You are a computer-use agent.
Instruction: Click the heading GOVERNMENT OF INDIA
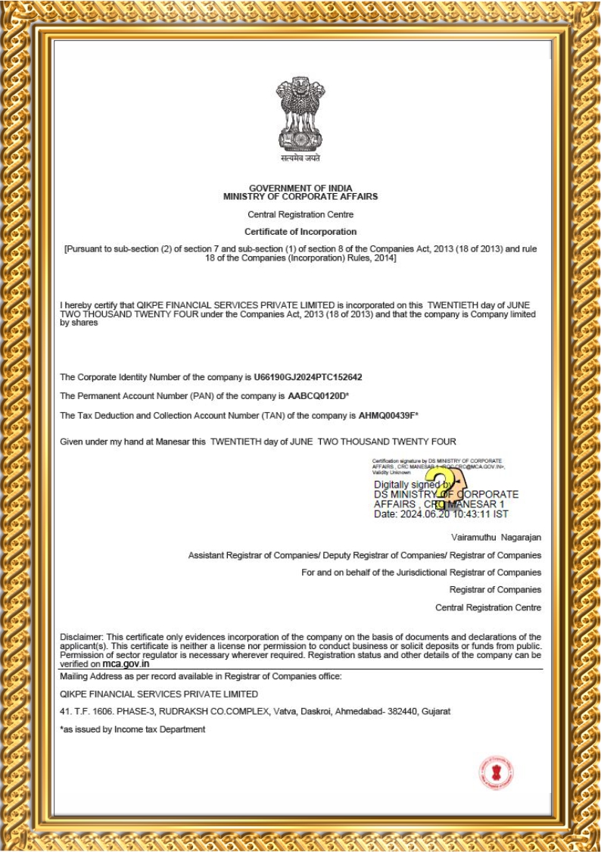[300, 188]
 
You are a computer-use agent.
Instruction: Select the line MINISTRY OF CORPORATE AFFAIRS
[300, 196]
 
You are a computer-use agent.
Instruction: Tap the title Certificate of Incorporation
[300, 232]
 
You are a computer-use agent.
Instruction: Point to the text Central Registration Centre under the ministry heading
[300, 214]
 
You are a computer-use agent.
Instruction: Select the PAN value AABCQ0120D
[316, 396]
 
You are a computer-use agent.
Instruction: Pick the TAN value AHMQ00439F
[387, 416]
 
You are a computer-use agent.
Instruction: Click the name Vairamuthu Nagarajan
[496, 537]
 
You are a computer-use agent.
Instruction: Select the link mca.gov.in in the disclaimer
[126, 663]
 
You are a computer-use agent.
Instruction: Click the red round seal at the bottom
[497, 773]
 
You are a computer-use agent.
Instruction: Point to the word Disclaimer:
[82, 637]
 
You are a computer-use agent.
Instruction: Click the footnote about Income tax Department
[132, 729]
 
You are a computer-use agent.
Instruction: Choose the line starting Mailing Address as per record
[201, 676]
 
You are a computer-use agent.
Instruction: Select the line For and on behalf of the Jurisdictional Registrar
[421, 573]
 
